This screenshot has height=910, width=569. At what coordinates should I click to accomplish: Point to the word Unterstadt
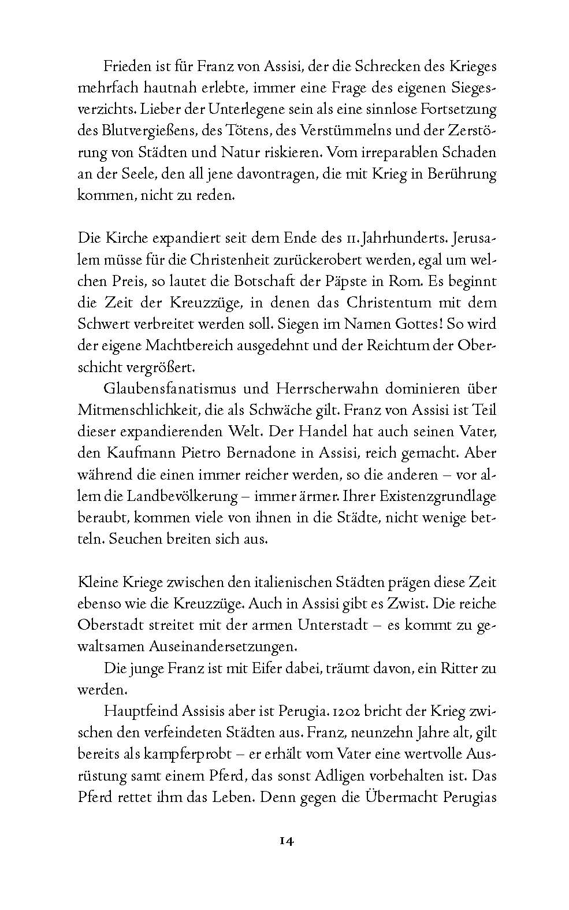(x=332, y=625)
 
